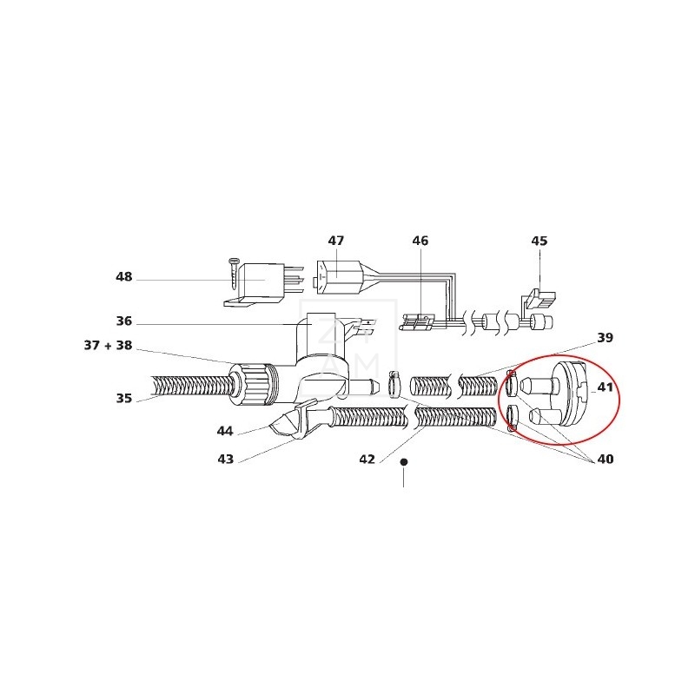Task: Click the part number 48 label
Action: [123, 276]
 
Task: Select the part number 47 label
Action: [335, 241]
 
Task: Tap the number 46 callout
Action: [420, 241]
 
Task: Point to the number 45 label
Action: [539, 241]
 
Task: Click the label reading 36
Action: [124, 321]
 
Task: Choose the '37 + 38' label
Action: [108, 345]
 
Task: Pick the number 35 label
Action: [124, 398]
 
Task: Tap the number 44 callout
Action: [225, 431]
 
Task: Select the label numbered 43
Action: [225, 459]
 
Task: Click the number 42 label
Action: [367, 459]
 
